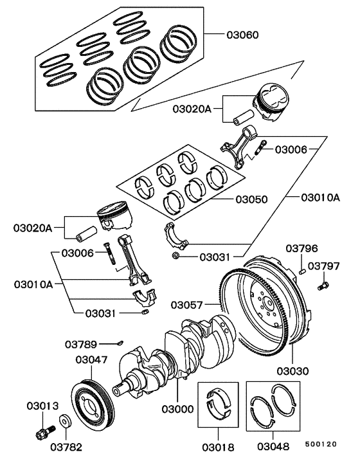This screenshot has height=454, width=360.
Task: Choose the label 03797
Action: pos(323,265)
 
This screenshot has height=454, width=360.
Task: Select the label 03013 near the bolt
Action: pos(43,406)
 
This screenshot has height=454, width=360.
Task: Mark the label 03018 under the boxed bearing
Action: pos(217,445)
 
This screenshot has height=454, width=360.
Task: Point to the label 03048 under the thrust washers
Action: pos(277,445)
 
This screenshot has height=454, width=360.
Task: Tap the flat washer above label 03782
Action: pos(66,424)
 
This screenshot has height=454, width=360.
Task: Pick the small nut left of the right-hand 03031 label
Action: pos(175,257)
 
